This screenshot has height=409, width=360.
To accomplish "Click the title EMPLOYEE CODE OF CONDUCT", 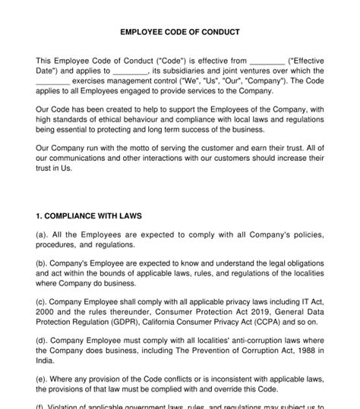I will (180, 32).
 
